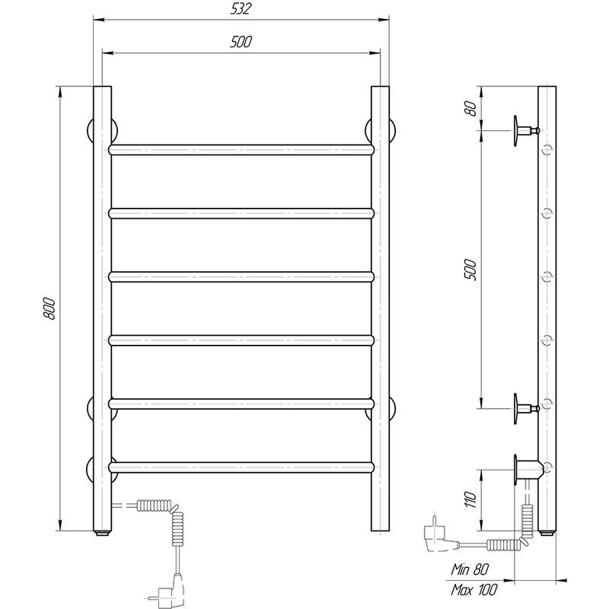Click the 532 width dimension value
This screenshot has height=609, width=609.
point(241,9)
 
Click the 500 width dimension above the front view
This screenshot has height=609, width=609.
point(241,42)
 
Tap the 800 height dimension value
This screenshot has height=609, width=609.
point(49,309)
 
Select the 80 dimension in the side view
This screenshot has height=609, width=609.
point(470,108)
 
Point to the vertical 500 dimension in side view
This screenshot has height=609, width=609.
point(470,269)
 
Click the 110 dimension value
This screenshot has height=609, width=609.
point(470,500)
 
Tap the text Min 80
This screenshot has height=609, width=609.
point(470,569)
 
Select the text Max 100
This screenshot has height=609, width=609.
point(473,589)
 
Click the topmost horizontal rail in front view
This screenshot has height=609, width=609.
point(241,150)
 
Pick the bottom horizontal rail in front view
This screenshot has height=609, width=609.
point(241,467)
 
